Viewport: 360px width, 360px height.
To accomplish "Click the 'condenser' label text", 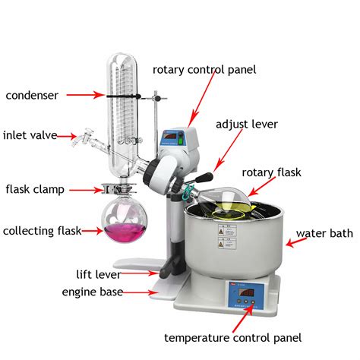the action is coord(32,96).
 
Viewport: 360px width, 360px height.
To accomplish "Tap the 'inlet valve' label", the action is coord(30,135).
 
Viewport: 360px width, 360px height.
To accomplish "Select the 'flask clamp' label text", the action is coord(35,189).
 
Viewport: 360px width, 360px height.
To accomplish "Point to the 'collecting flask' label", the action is coord(42,231).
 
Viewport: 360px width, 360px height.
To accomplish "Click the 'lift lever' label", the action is coord(99,274).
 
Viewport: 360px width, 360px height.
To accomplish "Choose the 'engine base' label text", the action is coord(93,292).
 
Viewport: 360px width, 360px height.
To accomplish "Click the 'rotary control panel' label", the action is coord(204,70).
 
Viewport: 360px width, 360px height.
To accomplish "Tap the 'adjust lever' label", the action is coord(247,125).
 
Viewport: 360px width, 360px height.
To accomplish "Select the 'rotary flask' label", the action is coord(271,172).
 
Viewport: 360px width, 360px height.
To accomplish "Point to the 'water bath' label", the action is coord(324,233).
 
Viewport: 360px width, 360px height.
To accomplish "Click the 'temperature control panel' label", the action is coord(232,338).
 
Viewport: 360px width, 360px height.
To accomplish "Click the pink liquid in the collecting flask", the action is coord(125,232).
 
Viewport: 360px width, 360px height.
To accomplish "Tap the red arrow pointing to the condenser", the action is coord(85,95).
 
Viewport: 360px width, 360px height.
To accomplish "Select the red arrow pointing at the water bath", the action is coord(296,242).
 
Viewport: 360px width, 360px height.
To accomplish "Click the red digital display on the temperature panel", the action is coord(247,293).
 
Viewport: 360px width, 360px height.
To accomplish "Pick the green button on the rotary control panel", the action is coord(181,140).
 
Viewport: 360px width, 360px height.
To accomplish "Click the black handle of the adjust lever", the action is coord(204,177).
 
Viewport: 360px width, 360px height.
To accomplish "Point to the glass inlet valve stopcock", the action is coord(83,138).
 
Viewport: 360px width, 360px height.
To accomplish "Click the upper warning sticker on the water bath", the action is coord(227,231).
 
